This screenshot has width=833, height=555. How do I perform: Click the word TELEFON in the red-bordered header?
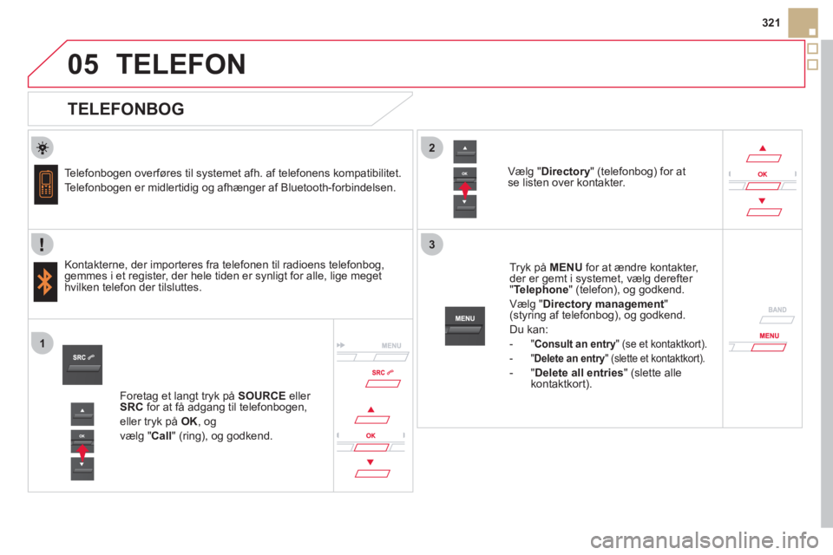[180, 64]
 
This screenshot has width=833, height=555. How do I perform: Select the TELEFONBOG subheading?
[125, 109]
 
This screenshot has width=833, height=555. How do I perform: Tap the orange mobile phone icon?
[46, 185]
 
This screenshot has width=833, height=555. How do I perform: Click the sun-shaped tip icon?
[44, 147]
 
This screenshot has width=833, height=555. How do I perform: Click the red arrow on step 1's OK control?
[82, 450]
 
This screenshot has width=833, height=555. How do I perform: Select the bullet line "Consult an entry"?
[618, 343]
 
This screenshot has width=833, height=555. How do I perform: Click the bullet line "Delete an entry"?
[617, 356]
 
